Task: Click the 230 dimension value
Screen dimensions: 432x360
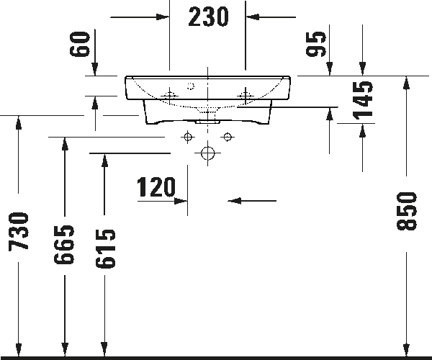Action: (208, 17)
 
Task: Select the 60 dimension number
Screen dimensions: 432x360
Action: (80, 44)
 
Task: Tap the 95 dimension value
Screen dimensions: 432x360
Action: (316, 44)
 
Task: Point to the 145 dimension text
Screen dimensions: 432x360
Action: (363, 101)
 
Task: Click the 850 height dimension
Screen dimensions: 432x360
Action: (407, 211)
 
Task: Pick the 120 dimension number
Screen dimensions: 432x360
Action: (156, 187)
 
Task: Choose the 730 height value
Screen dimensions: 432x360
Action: (19, 232)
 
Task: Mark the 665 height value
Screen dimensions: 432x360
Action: (65, 245)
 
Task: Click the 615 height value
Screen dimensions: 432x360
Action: (105, 248)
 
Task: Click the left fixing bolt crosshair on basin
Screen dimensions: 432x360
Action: (169, 96)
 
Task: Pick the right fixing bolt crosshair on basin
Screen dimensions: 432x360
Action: (246, 96)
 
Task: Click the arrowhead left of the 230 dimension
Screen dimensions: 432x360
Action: (163, 17)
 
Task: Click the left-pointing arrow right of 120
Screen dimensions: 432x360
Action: (252, 201)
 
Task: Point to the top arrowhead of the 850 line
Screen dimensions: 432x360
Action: (407, 82)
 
